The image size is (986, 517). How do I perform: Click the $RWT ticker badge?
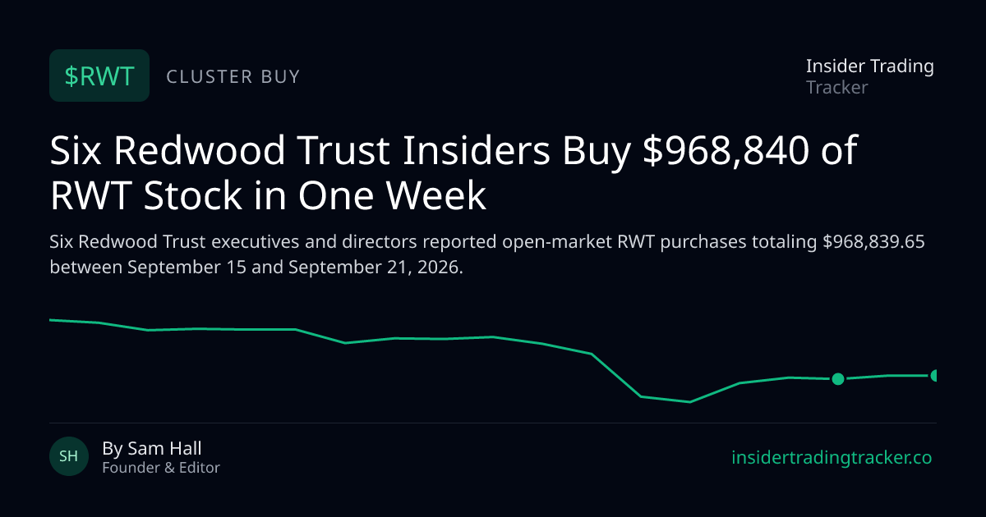coord(99,75)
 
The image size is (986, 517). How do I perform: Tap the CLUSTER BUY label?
coord(233,76)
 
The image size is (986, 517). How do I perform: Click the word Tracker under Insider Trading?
coord(836,88)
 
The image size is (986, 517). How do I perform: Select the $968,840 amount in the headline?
coord(726,150)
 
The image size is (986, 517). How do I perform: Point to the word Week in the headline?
coord(436,195)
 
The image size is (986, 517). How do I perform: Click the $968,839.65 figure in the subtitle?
coord(873,242)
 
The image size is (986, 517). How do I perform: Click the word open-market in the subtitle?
coord(557,242)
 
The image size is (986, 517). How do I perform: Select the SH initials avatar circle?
coord(69,456)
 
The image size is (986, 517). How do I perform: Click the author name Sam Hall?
coord(164,448)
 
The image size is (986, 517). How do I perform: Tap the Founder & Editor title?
coord(161,468)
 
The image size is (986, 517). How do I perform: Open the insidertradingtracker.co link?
coord(832,458)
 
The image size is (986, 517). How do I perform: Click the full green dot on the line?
coord(838,379)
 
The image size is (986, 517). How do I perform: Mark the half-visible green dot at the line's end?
coord(933,376)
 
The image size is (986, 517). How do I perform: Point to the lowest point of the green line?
coord(689,402)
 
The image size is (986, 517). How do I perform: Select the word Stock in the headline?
coord(193,195)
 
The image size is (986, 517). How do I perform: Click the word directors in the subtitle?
coord(380,242)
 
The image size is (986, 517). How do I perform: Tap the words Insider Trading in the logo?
coord(870,66)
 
